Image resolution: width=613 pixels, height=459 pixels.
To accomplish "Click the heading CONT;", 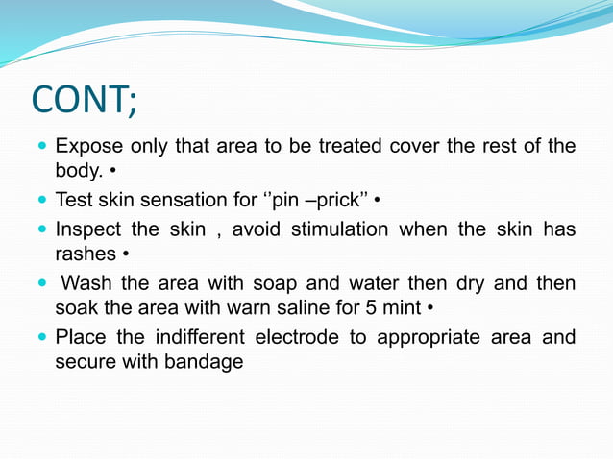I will pos(85,99).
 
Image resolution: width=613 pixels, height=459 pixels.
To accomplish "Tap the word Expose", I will pos(86,147).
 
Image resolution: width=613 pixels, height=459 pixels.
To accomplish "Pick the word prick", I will pos(336,201).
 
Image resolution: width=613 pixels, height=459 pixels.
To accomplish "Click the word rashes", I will pos(86,254).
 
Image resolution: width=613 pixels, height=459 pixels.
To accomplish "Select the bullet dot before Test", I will pos(42,202).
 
